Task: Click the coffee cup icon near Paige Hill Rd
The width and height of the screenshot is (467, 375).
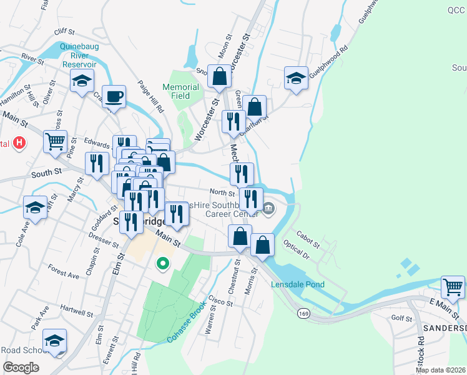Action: pos(113,97)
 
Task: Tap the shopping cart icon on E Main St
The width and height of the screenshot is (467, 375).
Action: pos(453,287)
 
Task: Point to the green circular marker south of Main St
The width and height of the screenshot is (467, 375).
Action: pos(163,263)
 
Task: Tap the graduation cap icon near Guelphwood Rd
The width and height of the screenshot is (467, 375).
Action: pos(296,78)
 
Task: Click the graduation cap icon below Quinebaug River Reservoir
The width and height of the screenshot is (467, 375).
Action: pos(82,81)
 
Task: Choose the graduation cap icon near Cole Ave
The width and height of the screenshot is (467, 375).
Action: pos(35,207)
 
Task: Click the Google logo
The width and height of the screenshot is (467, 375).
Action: pos(21,367)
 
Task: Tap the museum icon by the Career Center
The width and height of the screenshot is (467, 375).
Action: pos(268,208)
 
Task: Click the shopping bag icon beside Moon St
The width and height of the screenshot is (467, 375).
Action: pos(219,76)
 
